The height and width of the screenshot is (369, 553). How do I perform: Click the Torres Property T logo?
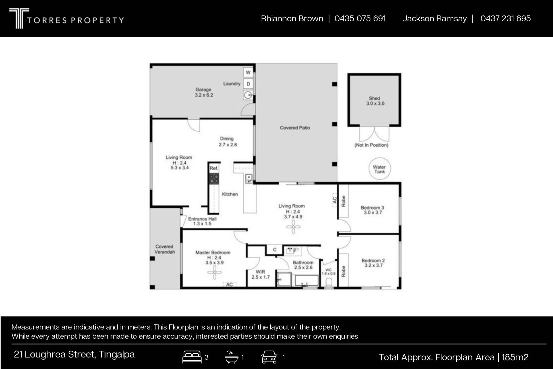click(19, 18)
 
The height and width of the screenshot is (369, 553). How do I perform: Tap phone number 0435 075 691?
click(360, 18)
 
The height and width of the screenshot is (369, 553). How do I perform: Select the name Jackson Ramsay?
click(435, 18)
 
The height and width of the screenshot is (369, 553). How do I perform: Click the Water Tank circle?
click(380, 169)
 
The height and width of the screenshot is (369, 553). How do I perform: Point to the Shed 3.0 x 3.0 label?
click(375, 101)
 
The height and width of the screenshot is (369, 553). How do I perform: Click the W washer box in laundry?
click(248, 72)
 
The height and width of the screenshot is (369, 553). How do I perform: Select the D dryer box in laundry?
click(248, 84)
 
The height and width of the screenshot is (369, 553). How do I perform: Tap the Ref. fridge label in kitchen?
click(214, 168)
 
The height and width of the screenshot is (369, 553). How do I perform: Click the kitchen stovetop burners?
click(214, 179)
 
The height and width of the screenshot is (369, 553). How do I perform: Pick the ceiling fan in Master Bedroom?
click(215, 272)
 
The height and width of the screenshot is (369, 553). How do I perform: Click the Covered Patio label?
click(295, 128)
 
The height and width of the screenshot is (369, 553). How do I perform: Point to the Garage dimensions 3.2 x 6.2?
click(204, 95)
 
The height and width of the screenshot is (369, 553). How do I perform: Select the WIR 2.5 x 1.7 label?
click(260, 274)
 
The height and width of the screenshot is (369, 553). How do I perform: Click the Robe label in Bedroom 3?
click(343, 201)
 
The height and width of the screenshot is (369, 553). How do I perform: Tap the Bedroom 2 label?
click(373, 260)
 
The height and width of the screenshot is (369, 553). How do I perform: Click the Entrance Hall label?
click(202, 219)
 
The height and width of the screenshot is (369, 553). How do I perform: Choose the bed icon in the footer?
click(192, 357)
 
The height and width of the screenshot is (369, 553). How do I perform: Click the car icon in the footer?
click(269, 357)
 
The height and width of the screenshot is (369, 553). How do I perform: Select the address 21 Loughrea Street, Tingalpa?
click(74, 354)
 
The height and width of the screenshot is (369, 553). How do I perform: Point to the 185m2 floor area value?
click(515, 357)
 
